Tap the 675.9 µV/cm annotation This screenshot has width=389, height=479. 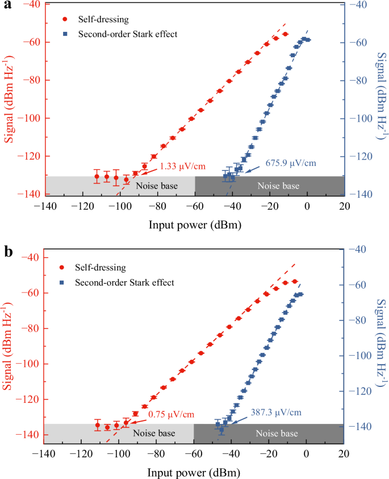290,163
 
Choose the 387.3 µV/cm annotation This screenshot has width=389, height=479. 275,412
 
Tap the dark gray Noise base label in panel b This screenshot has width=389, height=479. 277,434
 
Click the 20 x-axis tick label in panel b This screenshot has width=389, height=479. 343,455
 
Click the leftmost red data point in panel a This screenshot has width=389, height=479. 97,176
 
